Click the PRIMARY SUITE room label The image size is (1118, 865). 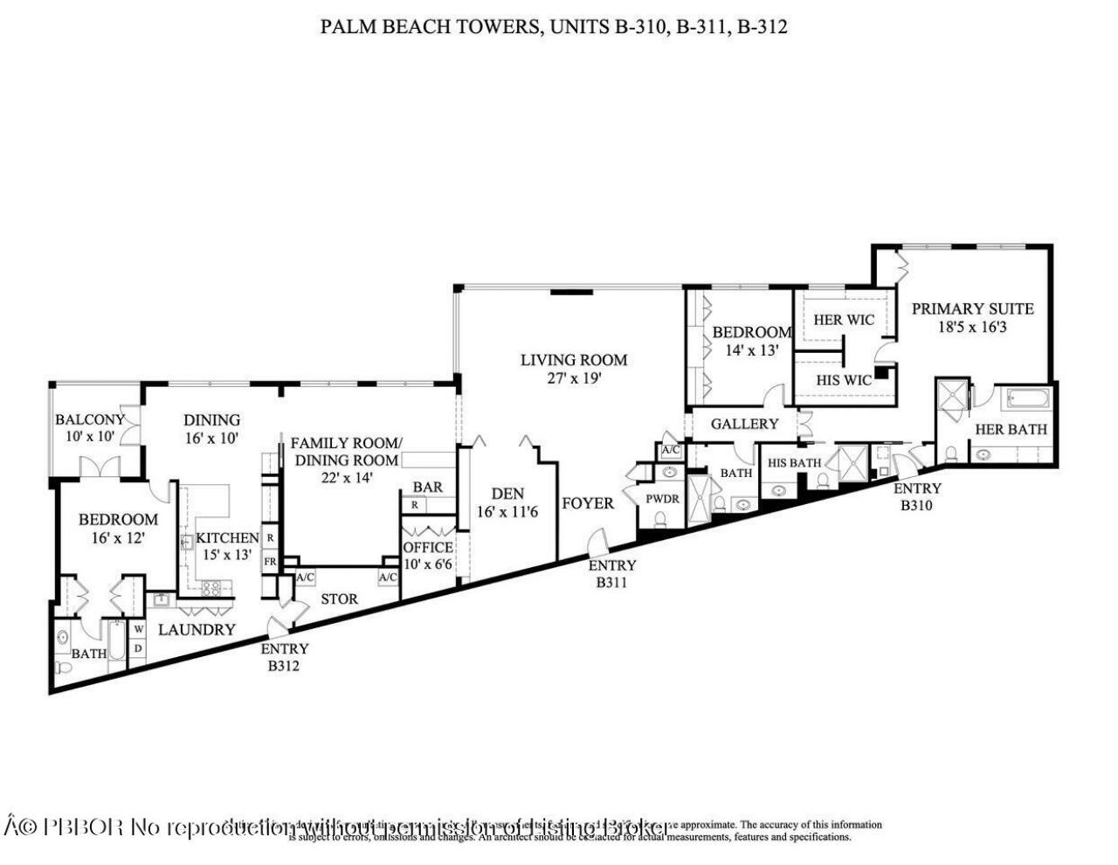click(972, 308)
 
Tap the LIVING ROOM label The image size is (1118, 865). click(574, 359)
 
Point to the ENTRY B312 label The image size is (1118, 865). click(285, 657)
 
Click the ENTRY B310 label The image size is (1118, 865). click(917, 496)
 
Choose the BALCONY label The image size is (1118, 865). click(89, 419)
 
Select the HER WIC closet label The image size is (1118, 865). click(843, 320)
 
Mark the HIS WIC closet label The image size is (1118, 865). click(844, 380)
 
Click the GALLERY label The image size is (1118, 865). click(744, 424)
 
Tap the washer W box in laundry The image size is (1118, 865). click(137, 628)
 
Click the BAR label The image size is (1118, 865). click(428, 487)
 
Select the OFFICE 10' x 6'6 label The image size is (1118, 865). click(427, 556)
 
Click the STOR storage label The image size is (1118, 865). click(339, 599)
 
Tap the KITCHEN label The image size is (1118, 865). click(227, 538)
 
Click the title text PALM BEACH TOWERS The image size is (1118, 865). click(429, 27)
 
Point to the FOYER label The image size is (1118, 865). click(587, 503)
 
